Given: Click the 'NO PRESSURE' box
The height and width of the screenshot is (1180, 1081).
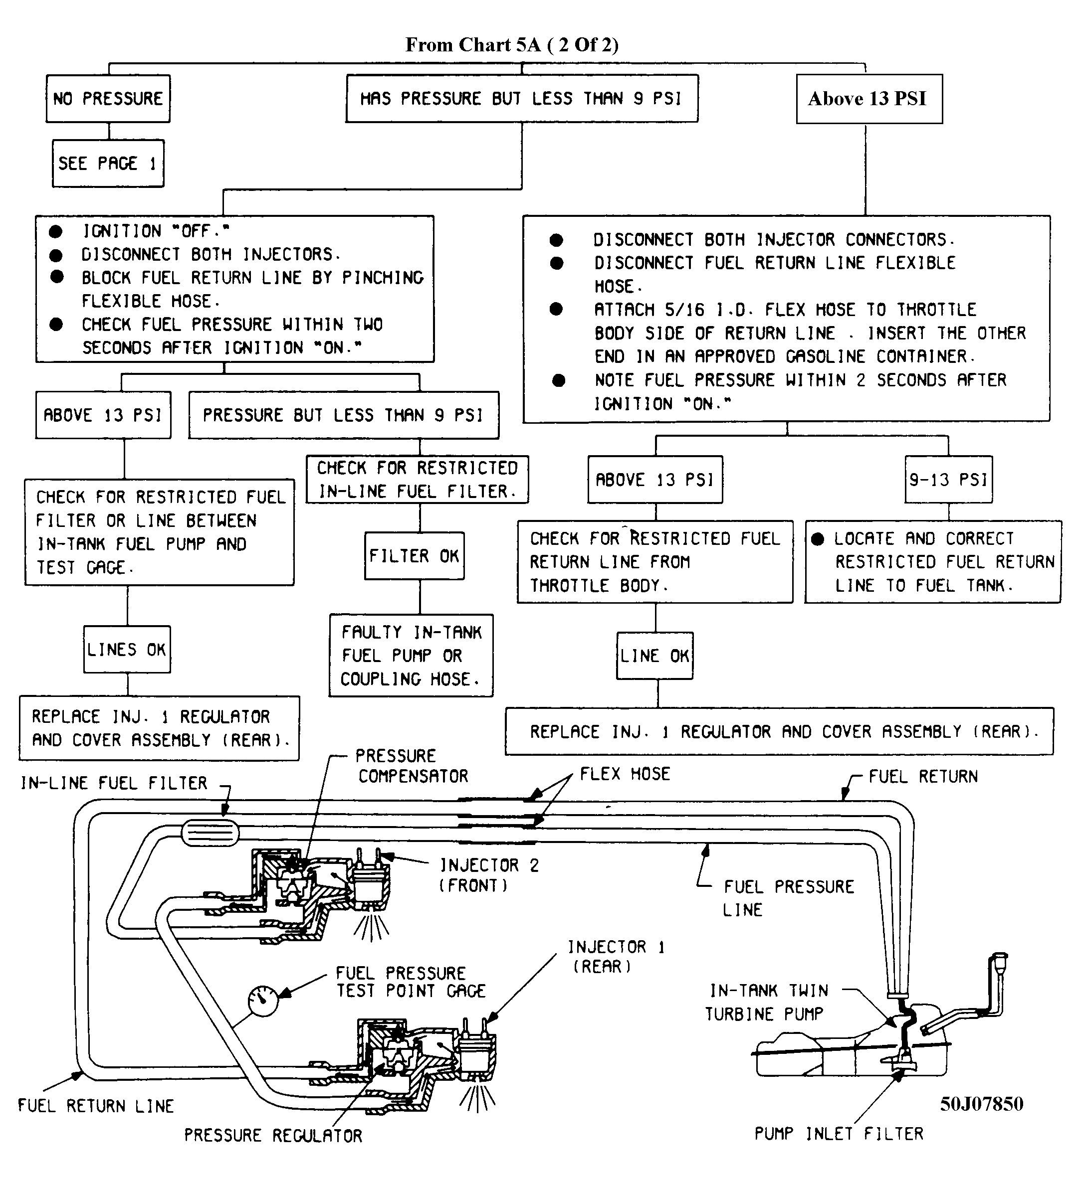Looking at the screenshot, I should pyautogui.click(x=108, y=98).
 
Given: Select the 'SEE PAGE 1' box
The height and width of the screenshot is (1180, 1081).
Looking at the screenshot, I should pyautogui.click(x=108, y=164).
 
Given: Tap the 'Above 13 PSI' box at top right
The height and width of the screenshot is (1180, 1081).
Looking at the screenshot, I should pyautogui.click(x=868, y=99).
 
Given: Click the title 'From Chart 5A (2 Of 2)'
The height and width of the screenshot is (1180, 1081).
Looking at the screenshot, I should pyautogui.click(x=511, y=44).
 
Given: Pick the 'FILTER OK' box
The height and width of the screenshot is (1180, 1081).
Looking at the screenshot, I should pyautogui.click(x=414, y=555).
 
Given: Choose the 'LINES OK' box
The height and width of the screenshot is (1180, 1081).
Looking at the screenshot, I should pyautogui.click(x=127, y=650).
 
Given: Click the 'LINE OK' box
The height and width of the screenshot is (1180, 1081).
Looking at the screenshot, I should pyautogui.click(x=654, y=656).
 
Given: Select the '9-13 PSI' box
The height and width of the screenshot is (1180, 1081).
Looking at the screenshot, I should pyautogui.click(x=948, y=480).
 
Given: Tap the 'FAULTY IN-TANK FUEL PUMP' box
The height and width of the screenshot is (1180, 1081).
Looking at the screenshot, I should pyautogui.click(x=411, y=656).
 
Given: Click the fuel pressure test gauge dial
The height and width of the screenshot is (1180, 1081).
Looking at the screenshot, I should pyautogui.click(x=263, y=1001).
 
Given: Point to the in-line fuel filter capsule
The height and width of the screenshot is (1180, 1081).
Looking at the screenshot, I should pyautogui.click(x=210, y=833).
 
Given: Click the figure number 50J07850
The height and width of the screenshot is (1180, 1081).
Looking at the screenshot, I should pyautogui.click(x=981, y=1104).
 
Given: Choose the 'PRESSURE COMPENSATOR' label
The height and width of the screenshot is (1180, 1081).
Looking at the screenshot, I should pyautogui.click(x=412, y=766).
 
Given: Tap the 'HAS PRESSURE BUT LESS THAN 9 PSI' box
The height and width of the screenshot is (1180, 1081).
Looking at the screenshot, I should pyautogui.click(x=521, y=98).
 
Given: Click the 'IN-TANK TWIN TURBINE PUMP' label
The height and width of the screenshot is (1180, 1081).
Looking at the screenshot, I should pyautogui.click(x=768, y=1002).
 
